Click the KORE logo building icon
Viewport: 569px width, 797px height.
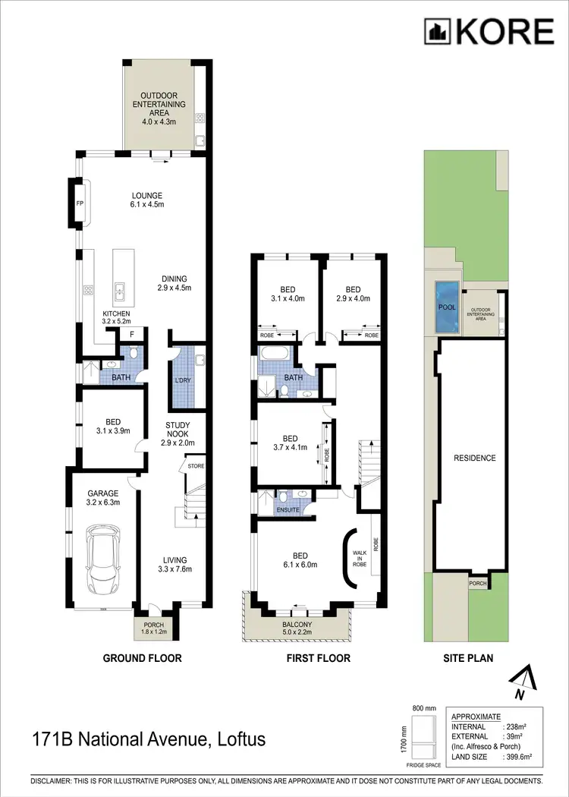438,31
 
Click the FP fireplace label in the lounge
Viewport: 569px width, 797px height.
79,203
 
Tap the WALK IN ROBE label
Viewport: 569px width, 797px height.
360,558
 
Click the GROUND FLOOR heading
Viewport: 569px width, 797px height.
142,658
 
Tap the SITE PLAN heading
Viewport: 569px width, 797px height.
468,658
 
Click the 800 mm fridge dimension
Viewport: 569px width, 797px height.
425,707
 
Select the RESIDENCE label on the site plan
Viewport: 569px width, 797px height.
475,458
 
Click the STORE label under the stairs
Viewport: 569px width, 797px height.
196,465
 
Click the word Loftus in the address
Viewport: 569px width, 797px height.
241,738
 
